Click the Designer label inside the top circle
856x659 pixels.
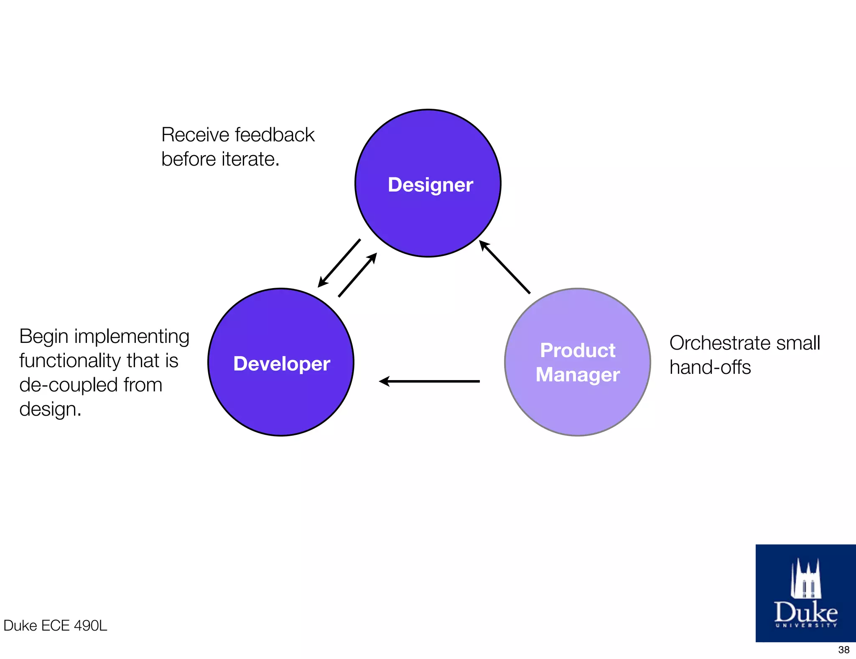(x=430, y=185)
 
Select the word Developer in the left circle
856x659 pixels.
(x=282, y=364)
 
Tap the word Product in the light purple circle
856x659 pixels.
(x=578, y=350)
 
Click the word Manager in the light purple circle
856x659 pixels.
(x=578, y=375)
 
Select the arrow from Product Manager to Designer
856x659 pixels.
(x=504, y=267)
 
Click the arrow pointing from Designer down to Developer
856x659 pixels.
(x=339, y=263)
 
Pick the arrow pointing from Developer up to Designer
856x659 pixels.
(x=358, y=275)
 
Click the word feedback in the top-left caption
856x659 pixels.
(x=275, y=135)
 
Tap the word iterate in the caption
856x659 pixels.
(x=250, y=159)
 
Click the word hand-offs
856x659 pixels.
(x=710, y=368)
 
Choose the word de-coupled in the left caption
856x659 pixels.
(x=68, y=385)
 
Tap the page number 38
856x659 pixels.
(x=843, y=650)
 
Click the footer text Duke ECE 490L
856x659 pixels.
(x=55, y=626)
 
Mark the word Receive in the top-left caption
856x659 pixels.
(x=195, y=135)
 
